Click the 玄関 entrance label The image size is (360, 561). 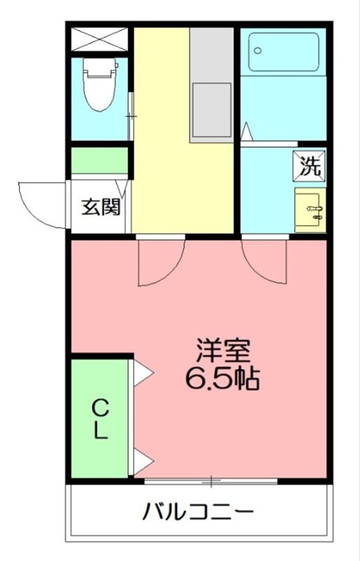[x=101, y=208]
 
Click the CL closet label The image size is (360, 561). [x=101, y=419]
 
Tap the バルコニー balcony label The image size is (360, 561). [x=199, y=511]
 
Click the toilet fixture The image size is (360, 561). [x=98, y=84]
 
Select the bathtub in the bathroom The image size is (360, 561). [x=284, y=52]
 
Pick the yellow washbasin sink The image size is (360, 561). [x=309, y=209]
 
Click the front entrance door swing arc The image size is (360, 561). [x=44, y=204]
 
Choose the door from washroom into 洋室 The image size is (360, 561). [x=265, y=261]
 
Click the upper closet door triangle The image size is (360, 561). [x=142, y=372]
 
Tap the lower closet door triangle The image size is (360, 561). [x=142, y=462]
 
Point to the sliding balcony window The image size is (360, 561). [x=211, y=481]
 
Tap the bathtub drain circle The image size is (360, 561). [x=258, y=50]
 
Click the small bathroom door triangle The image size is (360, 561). [x=246, y=133]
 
